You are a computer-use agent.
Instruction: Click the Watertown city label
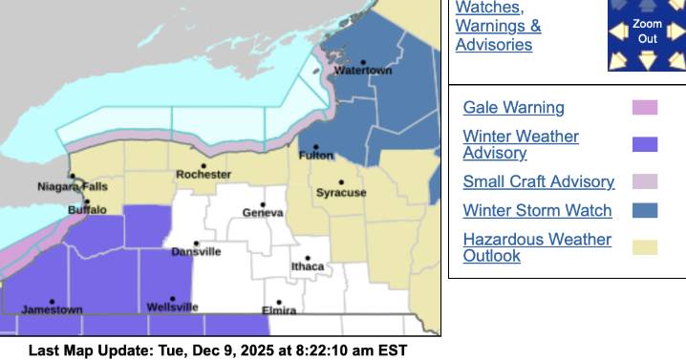coord(363,72)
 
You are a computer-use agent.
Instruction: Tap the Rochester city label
coord(204,175)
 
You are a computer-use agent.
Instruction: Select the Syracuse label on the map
coord(341,193)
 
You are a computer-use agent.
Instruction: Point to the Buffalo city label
coord(87,209)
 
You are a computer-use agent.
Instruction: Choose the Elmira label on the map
coord(279,310)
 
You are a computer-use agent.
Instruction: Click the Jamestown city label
coord(52,310)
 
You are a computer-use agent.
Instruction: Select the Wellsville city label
coord(173,307)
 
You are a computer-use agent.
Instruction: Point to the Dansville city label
coord(196,251)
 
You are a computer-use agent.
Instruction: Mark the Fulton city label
coord(316,155)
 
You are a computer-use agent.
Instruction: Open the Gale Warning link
coord(513,108)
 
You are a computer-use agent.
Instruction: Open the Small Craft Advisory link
coord(538,181)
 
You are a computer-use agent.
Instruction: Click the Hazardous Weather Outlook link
coord(537,247)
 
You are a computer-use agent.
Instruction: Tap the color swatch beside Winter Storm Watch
coord(645,210)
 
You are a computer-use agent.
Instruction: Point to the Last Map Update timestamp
coord(218,350)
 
